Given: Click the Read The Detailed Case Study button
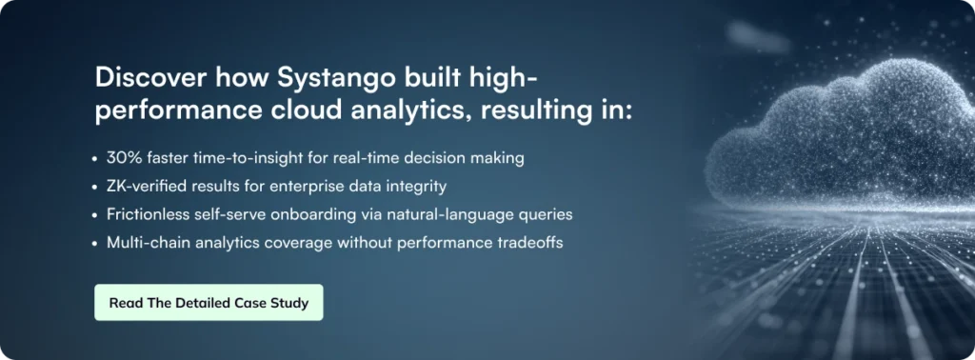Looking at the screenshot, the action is pos(209,303).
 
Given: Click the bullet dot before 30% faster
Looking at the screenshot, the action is pos(94,159).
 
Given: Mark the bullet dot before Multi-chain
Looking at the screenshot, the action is pos(94,244).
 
